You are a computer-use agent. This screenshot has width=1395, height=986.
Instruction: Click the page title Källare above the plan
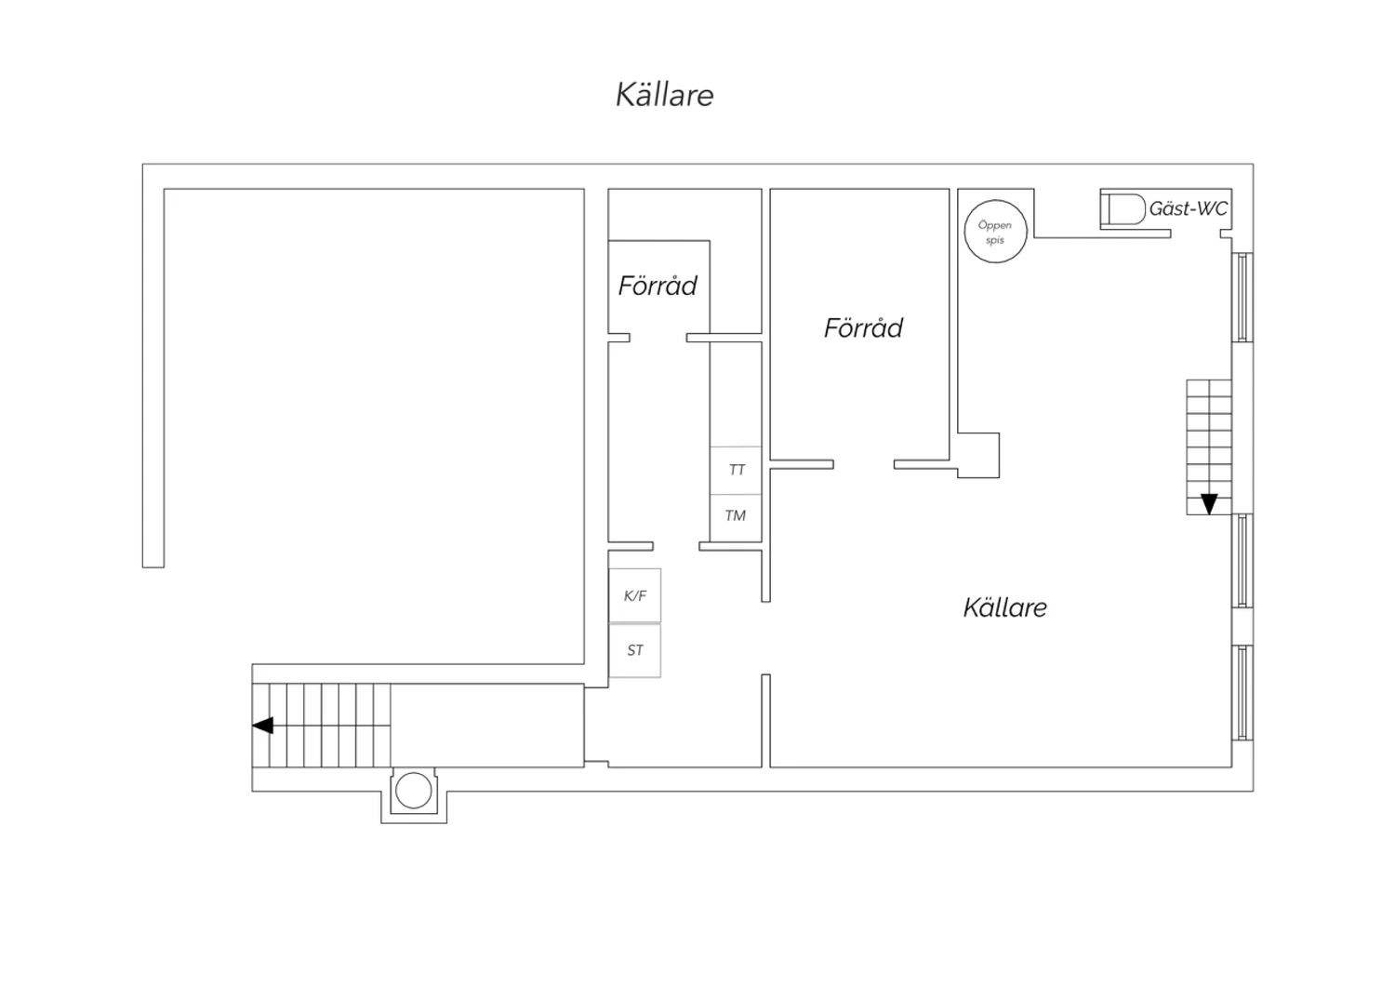(665, 95)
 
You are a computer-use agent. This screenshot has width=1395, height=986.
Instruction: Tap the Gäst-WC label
(1189, 208)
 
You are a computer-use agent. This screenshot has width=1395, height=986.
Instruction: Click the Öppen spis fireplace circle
(995, 231)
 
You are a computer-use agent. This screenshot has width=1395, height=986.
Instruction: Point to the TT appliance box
(736, 471)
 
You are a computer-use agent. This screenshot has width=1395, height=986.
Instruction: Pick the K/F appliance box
(634, 595)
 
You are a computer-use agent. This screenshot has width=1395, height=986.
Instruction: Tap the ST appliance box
(634, 650)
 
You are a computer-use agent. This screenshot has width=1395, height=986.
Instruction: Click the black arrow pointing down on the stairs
(1209, 504)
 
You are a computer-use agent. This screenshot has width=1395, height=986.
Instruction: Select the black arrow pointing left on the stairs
(263, 726)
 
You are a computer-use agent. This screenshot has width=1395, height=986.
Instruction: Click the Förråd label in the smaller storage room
(658, 286)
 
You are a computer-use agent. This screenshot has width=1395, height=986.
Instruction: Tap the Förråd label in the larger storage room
(863, 327)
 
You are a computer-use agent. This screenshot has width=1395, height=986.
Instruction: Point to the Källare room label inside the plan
(1005, 607)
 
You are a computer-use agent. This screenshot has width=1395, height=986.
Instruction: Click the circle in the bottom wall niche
(414, 791)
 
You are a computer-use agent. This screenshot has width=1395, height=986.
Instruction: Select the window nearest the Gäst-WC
(1242, 297)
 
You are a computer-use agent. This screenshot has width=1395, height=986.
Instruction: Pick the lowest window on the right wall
(1242, 693)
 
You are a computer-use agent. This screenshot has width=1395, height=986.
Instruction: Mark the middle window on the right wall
(1242, 561)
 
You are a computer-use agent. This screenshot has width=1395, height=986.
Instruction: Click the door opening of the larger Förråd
(864, 464)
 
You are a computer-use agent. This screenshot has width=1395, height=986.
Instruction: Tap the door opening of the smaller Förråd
(658, 338)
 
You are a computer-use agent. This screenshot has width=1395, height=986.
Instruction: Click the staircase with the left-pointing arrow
(322, 726)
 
